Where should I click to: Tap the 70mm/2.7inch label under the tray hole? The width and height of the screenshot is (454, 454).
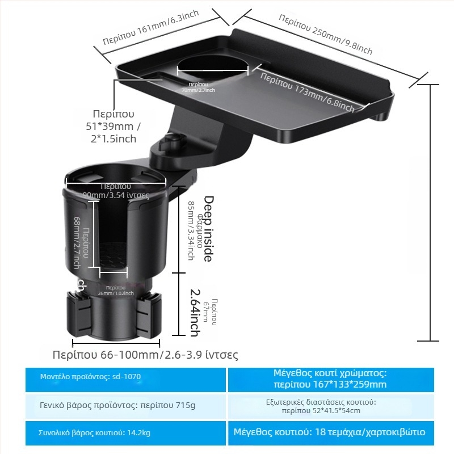(x=198, y=87)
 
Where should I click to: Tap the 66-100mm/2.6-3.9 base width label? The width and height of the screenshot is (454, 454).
(x=145, y=355)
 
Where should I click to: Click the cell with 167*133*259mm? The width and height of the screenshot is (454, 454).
(x=330, y=379)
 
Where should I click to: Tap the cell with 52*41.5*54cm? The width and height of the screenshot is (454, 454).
(x=330, y=406)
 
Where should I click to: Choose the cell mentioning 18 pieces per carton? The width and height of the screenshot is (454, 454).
(x=330, y=432)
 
